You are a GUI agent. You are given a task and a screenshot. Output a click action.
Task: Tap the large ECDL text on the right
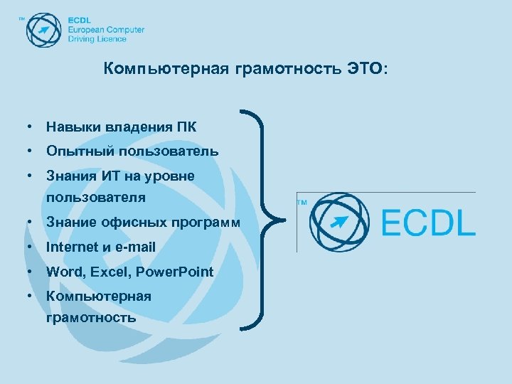pyautogui.click(x=428, y=223)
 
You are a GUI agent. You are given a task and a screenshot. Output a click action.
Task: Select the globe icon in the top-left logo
pyautogui.click(x=44, y=30)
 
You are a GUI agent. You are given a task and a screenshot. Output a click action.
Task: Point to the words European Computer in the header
pyautogui.click(x=106, y=30)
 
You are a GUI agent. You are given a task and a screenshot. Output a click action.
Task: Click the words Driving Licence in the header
pyautogui.click(x=97, y=39)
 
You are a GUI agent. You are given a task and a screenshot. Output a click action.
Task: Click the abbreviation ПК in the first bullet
pyautogui.click(x=187, y=127)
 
